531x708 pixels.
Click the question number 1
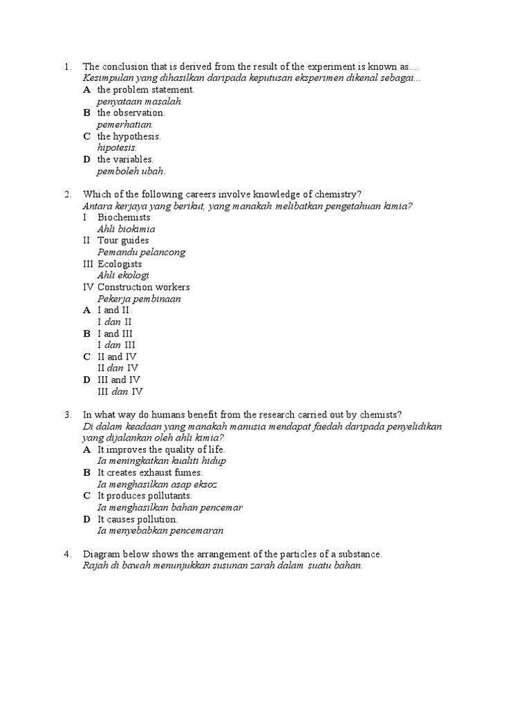click(x=66, y=67)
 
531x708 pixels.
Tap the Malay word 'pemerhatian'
click(x=124, y=124)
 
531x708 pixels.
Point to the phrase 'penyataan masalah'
click(x=139, y=102)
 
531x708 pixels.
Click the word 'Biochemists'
click(x=124, y=218)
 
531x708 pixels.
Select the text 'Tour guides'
click(x=123, y=241)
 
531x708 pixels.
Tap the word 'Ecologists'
click(x=120, y=264)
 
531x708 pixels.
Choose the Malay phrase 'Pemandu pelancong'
click(x=141, y=252)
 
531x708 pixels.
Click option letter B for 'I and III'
click(x=87, y=333)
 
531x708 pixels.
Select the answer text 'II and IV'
click(x=117, y=357)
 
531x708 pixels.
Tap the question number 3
click(x=66, y=415)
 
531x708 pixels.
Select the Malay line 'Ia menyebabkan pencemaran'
click(x=160, y=531)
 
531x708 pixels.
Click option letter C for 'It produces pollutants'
click(x=87, y=496)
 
